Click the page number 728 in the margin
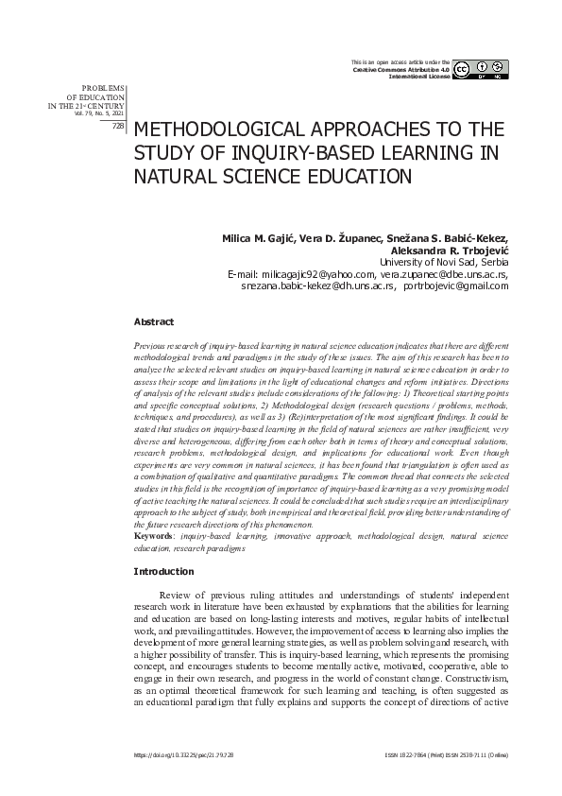click(x=118, y=125)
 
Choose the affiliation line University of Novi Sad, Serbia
click(x=444, y=262)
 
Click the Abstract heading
click(x=153, y=322)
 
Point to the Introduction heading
click(x=163, y=571)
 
